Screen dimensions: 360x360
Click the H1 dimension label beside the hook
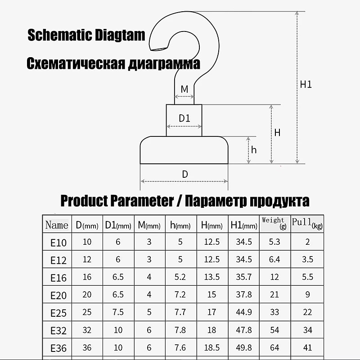(306, 85)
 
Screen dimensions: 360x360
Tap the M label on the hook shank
(184, 89)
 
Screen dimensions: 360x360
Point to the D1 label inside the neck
(184, 118)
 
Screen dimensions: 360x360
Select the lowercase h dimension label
(254, 150)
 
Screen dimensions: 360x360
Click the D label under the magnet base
(185, 174)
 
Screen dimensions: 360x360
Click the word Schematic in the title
(59, 35)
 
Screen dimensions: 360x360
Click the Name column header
(57, 225)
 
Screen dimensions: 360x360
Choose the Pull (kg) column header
(307, 224)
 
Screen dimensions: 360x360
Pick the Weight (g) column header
(274, 223)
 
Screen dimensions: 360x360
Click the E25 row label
(58, 313)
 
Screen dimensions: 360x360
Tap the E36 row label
(58, 348)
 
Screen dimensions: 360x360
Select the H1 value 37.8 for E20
(244, 294)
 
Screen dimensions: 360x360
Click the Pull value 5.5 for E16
(307, 277)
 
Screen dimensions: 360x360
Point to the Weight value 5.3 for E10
(274, 242)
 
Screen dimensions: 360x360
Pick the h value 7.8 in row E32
(180, 330)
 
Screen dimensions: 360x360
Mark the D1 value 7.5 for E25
(118, 312)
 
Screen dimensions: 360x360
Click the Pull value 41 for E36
(307, 347)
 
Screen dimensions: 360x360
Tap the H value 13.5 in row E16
(211, 277)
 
